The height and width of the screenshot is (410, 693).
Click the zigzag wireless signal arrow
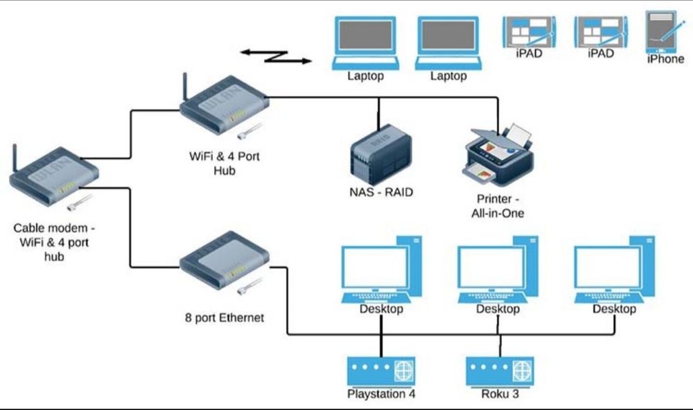276,56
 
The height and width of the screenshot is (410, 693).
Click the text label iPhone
665,59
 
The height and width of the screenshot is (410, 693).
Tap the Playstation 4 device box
381,371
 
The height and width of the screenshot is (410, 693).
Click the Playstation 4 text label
381,395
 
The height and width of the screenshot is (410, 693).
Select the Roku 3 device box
500,371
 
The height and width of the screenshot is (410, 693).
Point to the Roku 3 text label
500,395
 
